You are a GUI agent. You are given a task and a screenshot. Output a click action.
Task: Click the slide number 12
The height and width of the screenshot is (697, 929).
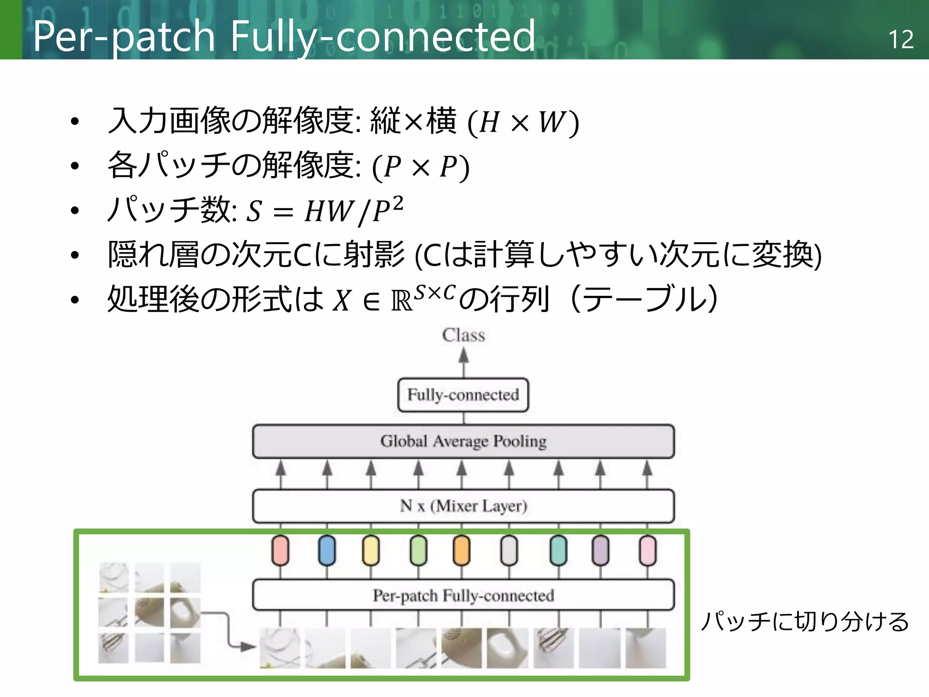click(900, 39)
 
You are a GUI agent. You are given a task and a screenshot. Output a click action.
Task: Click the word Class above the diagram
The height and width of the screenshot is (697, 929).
click(463, 335)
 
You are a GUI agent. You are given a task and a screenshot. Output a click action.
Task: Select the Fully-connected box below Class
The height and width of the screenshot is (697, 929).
click(463, 395)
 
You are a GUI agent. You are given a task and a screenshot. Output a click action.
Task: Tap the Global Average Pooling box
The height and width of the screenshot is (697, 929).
click(463, 441)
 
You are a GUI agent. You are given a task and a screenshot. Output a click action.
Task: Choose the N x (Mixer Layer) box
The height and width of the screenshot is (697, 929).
click(463, 506)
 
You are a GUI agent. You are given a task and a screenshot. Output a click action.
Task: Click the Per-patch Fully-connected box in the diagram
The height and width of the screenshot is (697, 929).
click(463, 595)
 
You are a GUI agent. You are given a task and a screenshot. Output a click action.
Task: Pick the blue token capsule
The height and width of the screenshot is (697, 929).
click(327, 550)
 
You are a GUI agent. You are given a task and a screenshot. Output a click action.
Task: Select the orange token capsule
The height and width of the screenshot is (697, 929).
click(462, 550)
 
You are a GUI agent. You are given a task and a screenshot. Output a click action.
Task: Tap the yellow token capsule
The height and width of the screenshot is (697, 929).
click(371, 550)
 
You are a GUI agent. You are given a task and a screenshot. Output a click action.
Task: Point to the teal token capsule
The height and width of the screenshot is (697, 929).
click(558, 550)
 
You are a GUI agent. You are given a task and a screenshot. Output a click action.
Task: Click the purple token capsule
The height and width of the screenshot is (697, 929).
click(601, 550)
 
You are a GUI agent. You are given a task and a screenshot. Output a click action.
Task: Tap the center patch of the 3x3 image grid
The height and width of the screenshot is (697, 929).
click(149, 613)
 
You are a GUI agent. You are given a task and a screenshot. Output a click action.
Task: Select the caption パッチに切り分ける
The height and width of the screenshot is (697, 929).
click(805, 622)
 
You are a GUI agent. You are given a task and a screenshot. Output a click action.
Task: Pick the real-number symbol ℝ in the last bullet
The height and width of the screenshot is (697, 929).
click(402, 301)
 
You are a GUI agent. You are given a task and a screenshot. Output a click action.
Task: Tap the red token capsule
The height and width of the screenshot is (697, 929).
click(280, 550)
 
